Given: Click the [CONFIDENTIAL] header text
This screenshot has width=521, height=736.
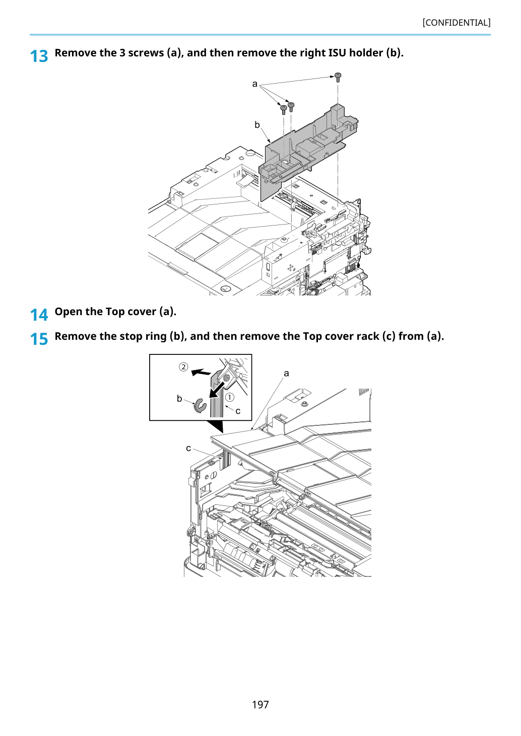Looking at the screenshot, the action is point(456,23).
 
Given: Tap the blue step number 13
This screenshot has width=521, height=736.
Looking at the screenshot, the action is point(39,56).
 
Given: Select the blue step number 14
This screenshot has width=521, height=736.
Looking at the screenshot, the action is point(39,315).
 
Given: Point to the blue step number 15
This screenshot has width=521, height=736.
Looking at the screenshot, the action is point(39,339).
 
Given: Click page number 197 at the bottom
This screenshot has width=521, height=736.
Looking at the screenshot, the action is point(260,704).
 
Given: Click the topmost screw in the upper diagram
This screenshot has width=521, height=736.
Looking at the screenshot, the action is point(338,78).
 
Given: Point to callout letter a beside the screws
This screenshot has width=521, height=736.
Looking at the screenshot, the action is point(254,84).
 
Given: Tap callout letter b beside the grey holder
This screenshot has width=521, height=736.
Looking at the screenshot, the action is point(257,125).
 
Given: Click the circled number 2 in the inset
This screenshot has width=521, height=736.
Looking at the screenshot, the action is point(183,366).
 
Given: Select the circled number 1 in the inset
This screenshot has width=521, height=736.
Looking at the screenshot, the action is point(230,397).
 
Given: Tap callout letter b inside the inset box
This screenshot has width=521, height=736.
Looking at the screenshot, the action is point(179,399).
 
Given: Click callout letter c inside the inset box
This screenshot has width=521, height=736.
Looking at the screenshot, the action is point(238,411).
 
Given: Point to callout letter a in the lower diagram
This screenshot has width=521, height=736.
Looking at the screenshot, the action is point(286,373).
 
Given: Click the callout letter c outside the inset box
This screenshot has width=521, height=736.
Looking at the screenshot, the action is point(188,448).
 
